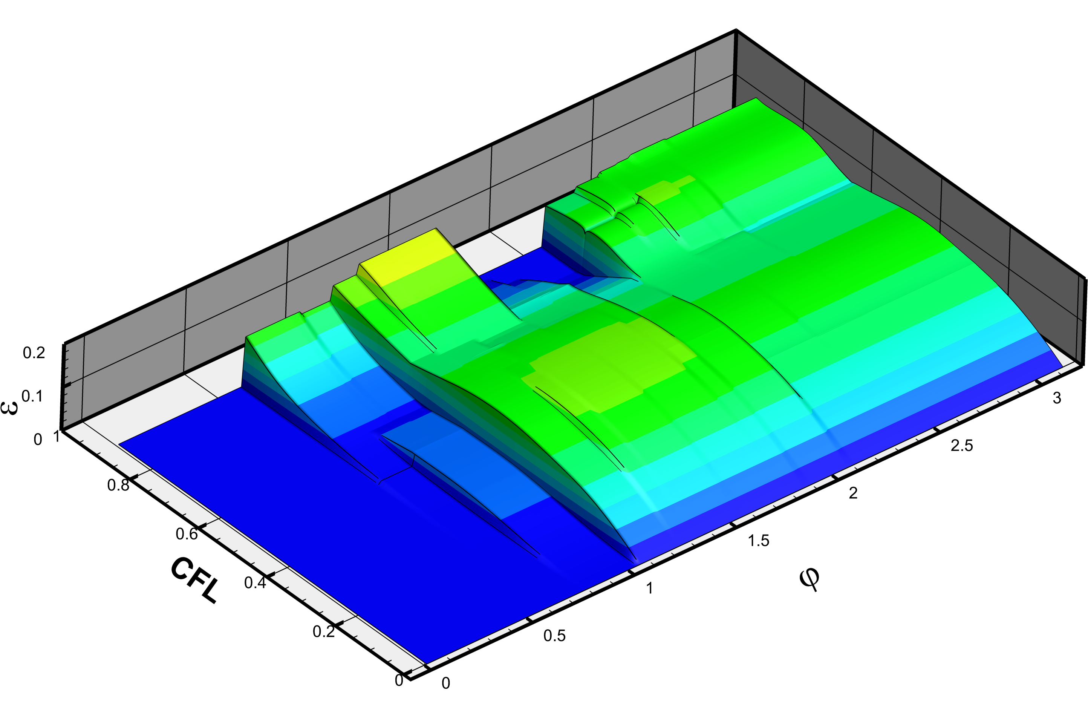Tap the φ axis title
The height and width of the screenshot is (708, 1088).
click(x=809, y=580)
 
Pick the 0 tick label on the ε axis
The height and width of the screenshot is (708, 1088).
click(x=38, y=440)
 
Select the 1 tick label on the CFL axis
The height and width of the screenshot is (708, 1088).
click(x=57, y=437)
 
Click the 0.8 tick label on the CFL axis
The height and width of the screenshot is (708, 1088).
click(x=118, y=485)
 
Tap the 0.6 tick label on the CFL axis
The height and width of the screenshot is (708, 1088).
click(x=187, y=534)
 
